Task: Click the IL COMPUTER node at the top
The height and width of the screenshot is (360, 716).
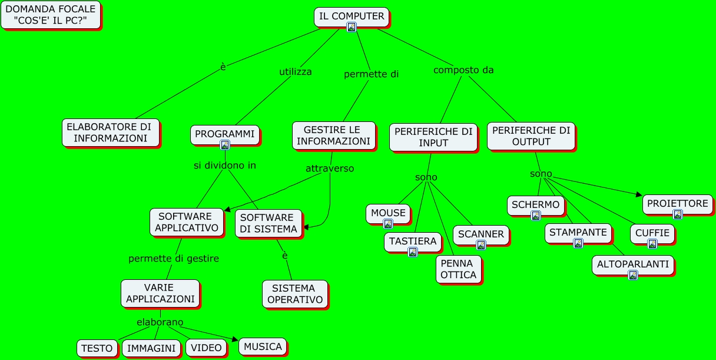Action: point(351,16)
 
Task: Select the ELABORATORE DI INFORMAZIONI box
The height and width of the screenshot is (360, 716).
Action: point(110,133)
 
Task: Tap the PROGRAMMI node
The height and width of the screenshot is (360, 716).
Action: point(224,134)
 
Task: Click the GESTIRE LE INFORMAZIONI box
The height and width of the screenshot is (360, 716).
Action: point(333,136)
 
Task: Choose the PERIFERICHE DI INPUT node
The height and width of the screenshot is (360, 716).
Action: point(433,137)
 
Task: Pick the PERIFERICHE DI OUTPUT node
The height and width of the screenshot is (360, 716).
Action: point(531,136)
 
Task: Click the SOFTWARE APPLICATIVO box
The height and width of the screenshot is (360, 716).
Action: point(186,222)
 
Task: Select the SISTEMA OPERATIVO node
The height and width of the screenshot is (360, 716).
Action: point(294,293)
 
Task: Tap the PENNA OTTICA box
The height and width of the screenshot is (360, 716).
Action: point(458,269)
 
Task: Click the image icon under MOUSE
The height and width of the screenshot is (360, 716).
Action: point(387,224)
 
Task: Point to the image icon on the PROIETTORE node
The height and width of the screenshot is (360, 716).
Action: point(677,214)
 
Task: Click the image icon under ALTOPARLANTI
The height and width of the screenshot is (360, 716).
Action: point(632,275)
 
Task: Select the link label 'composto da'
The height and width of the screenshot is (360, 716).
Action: point(463,70)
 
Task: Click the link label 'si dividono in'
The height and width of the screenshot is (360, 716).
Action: point(225,166)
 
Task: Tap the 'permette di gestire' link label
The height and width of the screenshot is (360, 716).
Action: point(174,259)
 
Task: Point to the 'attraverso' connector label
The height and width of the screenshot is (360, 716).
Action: point(330,169)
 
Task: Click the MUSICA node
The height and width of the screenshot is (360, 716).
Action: point(263,346)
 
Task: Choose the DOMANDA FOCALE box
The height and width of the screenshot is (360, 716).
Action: point(50,15)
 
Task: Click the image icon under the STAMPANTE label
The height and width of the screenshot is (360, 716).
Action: point(578,243)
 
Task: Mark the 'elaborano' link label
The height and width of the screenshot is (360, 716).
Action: point(160,322)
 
